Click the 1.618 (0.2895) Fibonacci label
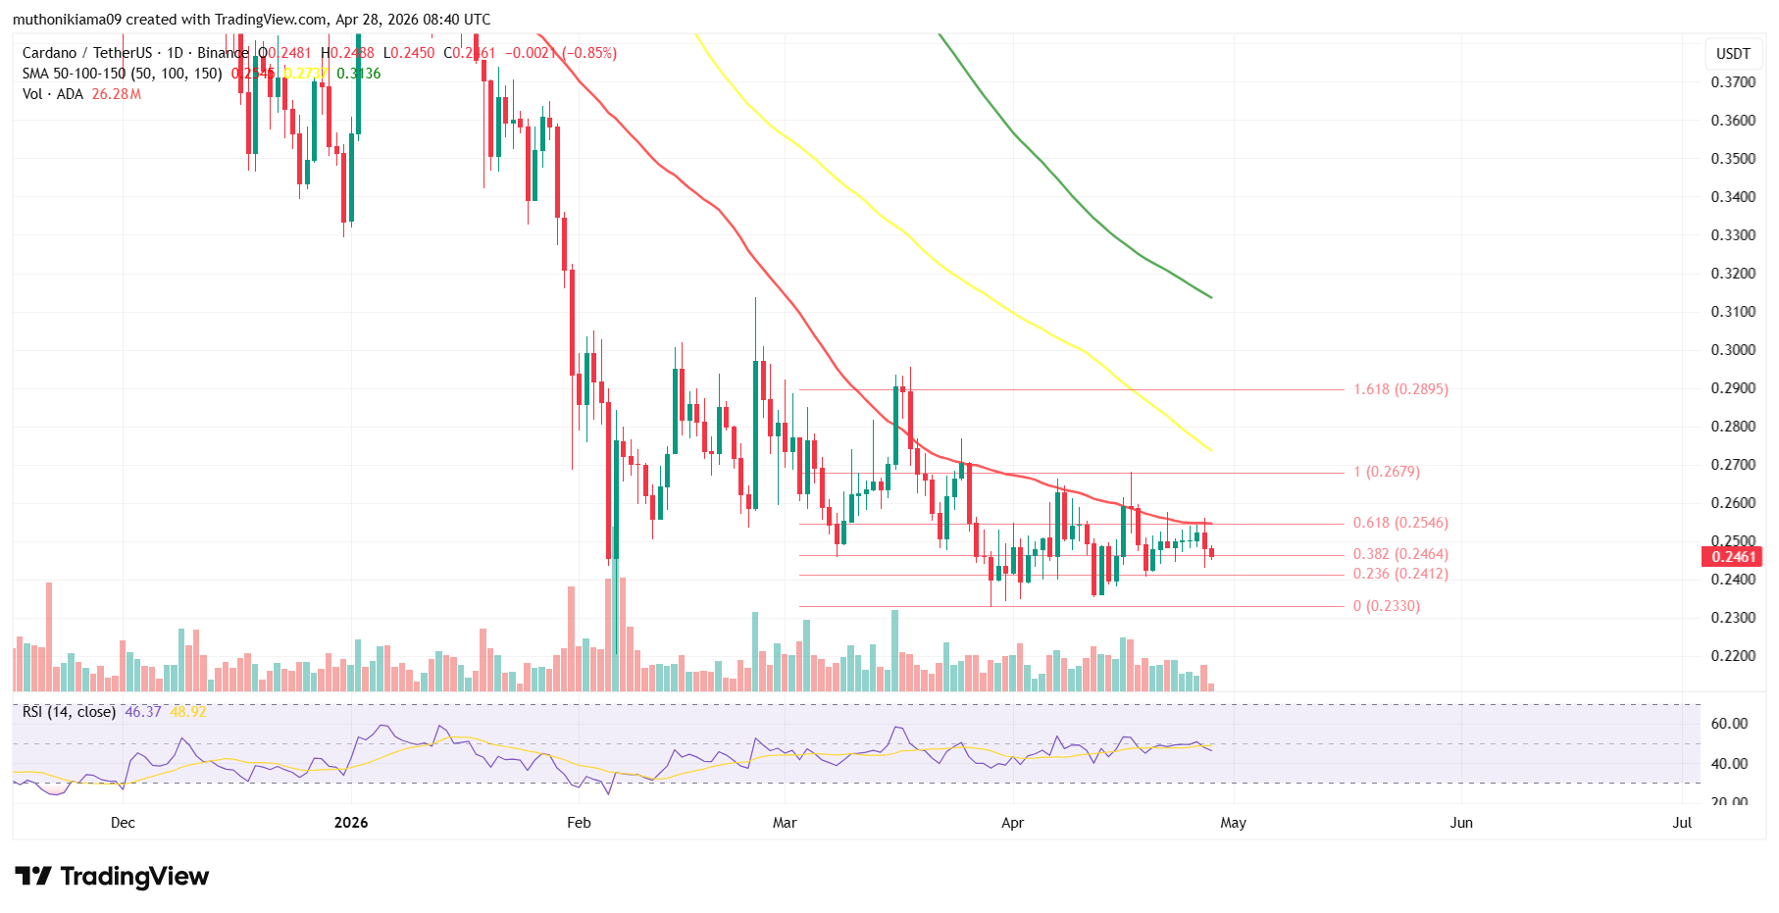(1399, 389)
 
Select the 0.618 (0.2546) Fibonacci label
(1399, 524)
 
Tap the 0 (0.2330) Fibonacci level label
(1386, 606)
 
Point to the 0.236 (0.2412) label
(1399, 574)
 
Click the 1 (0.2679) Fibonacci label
(1386, 472)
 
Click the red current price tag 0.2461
(1733, 557)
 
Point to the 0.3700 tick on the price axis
(1733, 82)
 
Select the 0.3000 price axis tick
(1733, 350)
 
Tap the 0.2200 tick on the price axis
(1733, 656)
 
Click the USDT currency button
(1733, 54)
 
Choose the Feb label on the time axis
(579, 823)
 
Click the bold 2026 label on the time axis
(350, 823)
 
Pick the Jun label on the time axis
(1461, 823)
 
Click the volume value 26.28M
(117, 94)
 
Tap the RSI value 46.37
(143, 712)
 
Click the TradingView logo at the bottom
(112, 876)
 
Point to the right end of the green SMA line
(1211, 297)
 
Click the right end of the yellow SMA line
(1211, 450)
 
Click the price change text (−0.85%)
(588, 53)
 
